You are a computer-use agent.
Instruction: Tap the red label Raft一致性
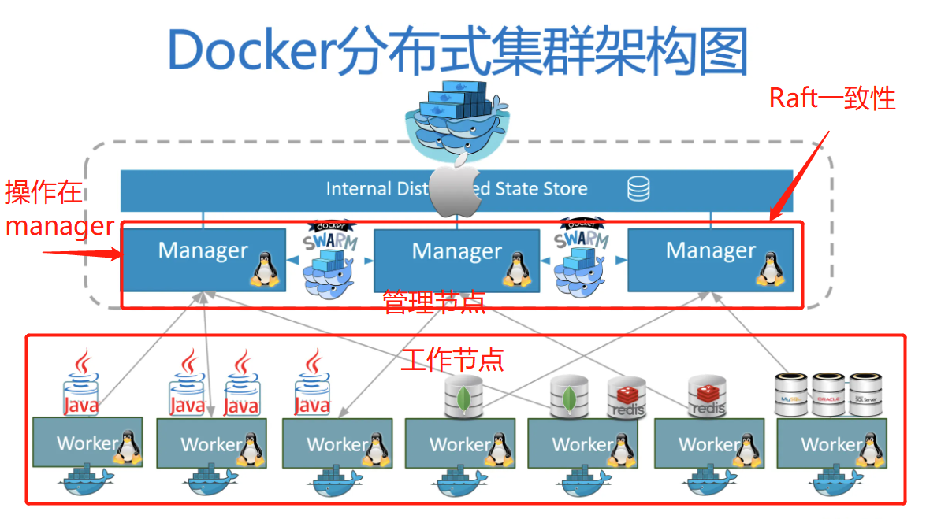pyautogui.click(x=832, y=98)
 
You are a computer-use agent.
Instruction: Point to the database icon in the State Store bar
pyautogui.click(x=638, y=189)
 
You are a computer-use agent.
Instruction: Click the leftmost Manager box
pyautogui.click(x=203, y=259)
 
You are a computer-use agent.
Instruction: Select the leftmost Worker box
pyautogui.click(x=87, y=443)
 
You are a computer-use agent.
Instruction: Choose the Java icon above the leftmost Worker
pyautogui.click(x=80, y=386)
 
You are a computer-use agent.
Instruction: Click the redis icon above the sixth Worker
pyautogui.click(x=706, y=395)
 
